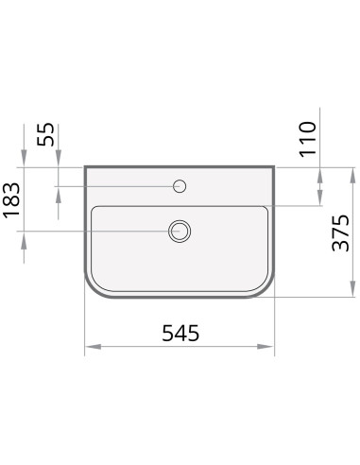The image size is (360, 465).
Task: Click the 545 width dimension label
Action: (x=180, y=333)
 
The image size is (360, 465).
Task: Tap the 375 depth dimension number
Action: (x=341, y=232)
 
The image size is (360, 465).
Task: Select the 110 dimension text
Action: (x=307, y=139)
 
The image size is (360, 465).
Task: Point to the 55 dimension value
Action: (x=45, y=134)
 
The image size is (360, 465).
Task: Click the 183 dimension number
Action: (x=11, y=200)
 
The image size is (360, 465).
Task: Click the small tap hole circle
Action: (x=180, y=186)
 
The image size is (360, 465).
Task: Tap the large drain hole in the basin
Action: (x=180, y=232)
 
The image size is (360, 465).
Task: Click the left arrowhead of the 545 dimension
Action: (x=94, y=347)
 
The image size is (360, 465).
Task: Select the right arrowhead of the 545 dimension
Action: (x=266, y=347)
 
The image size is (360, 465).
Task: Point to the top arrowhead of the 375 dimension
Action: (x=352, y=176)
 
